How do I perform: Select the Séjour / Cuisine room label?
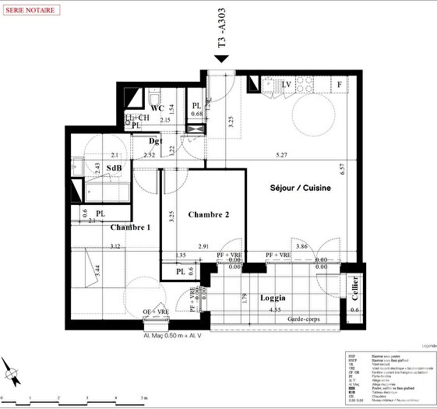click(x=300, y=189)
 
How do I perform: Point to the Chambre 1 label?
click(x=130, y=227)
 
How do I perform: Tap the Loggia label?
click(x=272, y=298)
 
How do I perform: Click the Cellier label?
click(x=354, y=289)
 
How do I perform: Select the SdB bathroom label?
click(x=114, y=167)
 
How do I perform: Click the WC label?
click(x=157, y=108)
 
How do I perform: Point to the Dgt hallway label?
click(x=156, y=141)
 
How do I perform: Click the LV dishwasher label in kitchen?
click(x=286, y=84)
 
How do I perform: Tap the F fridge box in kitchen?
click(x=340, y=84)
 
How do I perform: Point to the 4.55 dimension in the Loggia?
click(x=275, y=310)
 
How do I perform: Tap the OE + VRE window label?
click(x=155, y=312)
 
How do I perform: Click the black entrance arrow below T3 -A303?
click(x=222, y=69)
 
